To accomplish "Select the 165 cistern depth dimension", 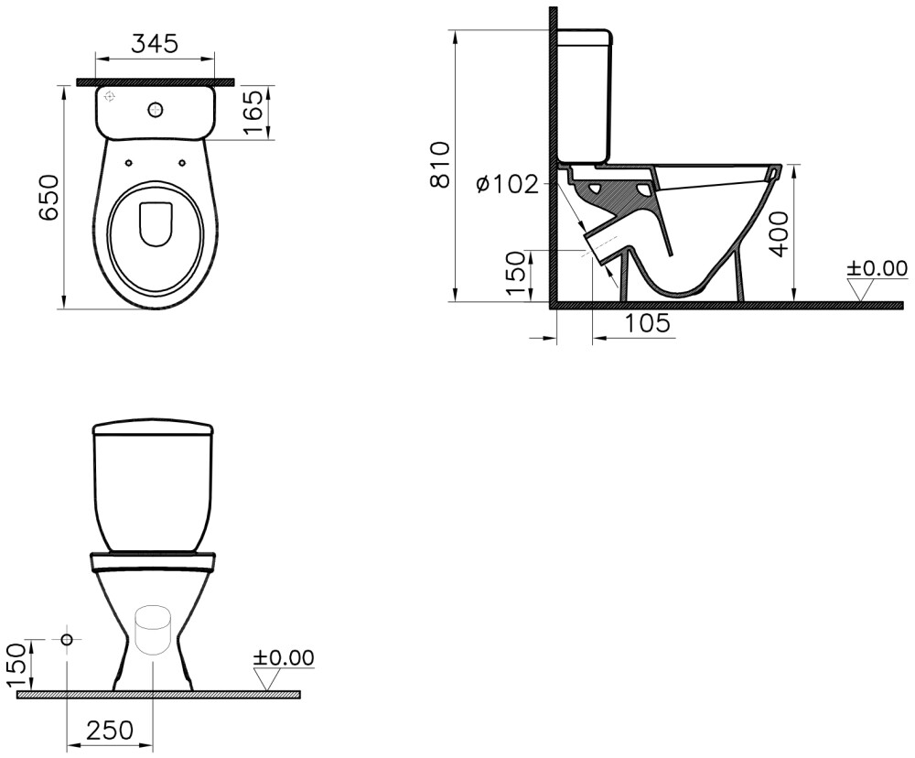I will click(x=256, y=113).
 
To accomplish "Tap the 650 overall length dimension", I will click(x=48, y=196).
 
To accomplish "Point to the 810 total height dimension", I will click(x=440, y=165).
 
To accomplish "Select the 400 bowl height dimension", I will click(x=780, y=233).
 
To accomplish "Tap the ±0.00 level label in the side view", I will click(x=877, y=268).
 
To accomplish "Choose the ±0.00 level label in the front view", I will click(x=283, y=657).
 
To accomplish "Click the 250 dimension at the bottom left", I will click(x=109, y=730).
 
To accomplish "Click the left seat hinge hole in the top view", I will click(x=128, y=164).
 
